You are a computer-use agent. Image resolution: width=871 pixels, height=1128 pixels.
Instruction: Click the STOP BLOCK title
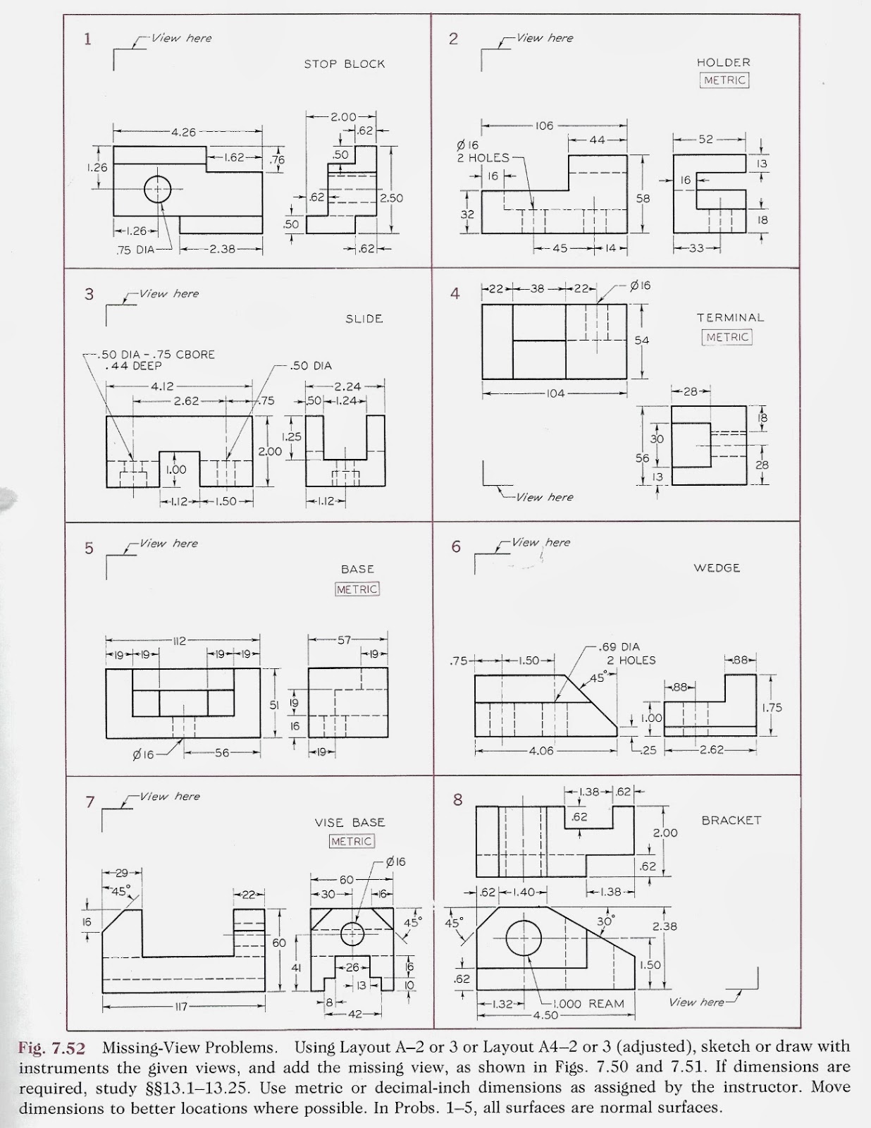(x=344, y=64)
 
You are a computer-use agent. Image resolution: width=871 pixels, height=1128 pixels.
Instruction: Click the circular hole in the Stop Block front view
(x=158, y=189)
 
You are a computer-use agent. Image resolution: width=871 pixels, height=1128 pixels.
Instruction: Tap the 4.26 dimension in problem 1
(x=183, y=132)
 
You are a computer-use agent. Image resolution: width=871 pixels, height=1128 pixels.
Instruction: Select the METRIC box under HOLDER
(x=724, y=80)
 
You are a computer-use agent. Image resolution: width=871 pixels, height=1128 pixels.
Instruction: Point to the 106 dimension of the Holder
(x=544, y=126)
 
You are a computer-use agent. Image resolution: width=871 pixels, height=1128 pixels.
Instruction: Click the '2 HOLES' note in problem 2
(x=483, y=158)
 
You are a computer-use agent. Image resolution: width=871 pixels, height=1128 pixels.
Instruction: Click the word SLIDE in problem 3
(x=364, y=319)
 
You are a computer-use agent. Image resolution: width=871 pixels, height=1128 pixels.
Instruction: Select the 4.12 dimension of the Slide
(x=162, y=386)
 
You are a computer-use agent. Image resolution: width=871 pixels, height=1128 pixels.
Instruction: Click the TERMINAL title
(x=730, y=318)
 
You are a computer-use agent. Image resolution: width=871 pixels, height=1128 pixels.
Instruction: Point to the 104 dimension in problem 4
(x=555, y=393)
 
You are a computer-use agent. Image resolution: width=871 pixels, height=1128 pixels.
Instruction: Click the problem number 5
(x=89, y=548)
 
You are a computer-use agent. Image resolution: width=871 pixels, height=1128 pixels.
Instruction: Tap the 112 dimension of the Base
(x=178, y=641)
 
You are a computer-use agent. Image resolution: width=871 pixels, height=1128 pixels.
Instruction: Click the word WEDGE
(x=716, y=568)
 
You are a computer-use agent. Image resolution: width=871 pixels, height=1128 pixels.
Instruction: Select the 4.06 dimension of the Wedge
(x=543, y=751)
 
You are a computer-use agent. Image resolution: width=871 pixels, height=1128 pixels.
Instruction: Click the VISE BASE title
(x=350, y=823)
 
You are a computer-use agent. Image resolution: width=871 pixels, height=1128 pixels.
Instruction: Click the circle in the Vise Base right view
(x=352, y=933)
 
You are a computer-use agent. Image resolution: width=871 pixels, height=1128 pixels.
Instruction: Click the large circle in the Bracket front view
(x=524, y=937)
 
